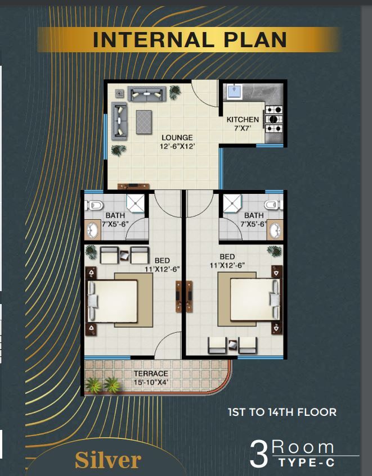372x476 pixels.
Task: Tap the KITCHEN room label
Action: coord(243,120)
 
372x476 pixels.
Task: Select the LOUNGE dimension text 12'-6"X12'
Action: coord(177,146)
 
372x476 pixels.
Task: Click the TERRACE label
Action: coord(151,373)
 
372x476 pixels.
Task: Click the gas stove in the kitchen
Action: coord(274,119)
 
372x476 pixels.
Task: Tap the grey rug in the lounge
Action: coord(144,122)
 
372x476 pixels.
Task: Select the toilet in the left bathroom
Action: coord(93,205)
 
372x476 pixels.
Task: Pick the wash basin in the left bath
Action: coord(92,230)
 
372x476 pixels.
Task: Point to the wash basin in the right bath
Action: coord(275,230)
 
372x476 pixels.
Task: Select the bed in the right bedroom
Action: coord(249,299)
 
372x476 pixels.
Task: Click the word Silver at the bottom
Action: coord(108,460)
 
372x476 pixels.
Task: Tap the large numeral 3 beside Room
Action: coord(259,454)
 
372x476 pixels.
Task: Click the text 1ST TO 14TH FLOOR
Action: coord(282,412)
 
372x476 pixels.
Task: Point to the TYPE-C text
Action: coord(306,463)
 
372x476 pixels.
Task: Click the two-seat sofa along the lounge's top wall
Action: coord(147,94)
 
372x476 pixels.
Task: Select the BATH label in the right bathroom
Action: coord(254,216)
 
